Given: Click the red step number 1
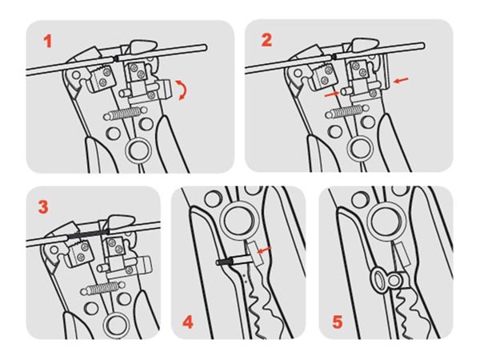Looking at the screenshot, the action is (47, 42).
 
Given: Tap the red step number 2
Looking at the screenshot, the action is (266, 40).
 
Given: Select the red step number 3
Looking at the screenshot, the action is (43, 207).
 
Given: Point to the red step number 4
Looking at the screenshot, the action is (188, 322).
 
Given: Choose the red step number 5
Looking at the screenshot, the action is (337, 322).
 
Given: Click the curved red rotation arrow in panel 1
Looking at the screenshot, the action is (183, 90).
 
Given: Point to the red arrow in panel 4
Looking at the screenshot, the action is (264, 250).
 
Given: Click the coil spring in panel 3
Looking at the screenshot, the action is (102, 288).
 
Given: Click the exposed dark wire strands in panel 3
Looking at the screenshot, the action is (87, 235).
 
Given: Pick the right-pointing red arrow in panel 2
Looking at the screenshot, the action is (331, 94).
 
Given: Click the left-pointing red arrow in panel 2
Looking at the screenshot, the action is (401, 80).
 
